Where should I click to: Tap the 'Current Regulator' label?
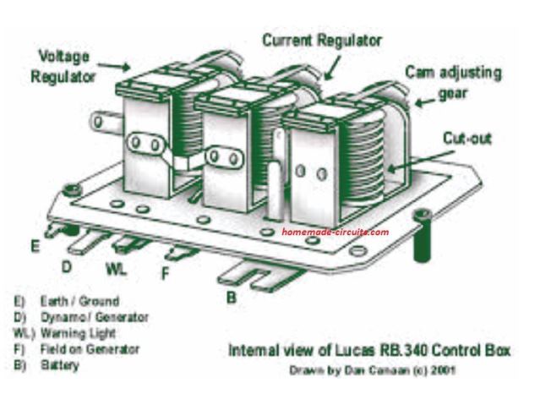320,40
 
